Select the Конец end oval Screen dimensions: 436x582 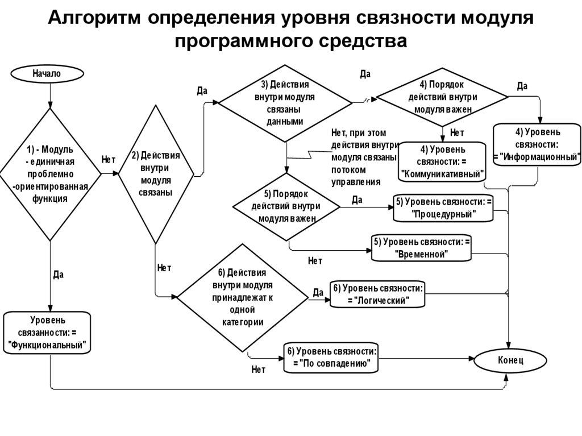click(510, 360)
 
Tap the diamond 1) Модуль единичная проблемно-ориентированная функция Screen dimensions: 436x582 click(50, 175)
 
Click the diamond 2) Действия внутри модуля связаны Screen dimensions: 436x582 click(155, 175)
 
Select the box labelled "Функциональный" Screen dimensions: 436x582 click(47, 333)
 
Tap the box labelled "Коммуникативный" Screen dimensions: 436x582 click(443, 162)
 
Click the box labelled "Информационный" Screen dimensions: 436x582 click(537, 145)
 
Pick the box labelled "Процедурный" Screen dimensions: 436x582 click(443, 208)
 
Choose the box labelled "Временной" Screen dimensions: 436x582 click(422, 248)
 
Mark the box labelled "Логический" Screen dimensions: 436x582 click(377, 294)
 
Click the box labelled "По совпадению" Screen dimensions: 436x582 click(331, 357)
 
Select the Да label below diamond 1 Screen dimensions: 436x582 click(58, 275)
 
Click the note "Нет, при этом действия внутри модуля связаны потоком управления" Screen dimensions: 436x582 click(363, 157)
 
